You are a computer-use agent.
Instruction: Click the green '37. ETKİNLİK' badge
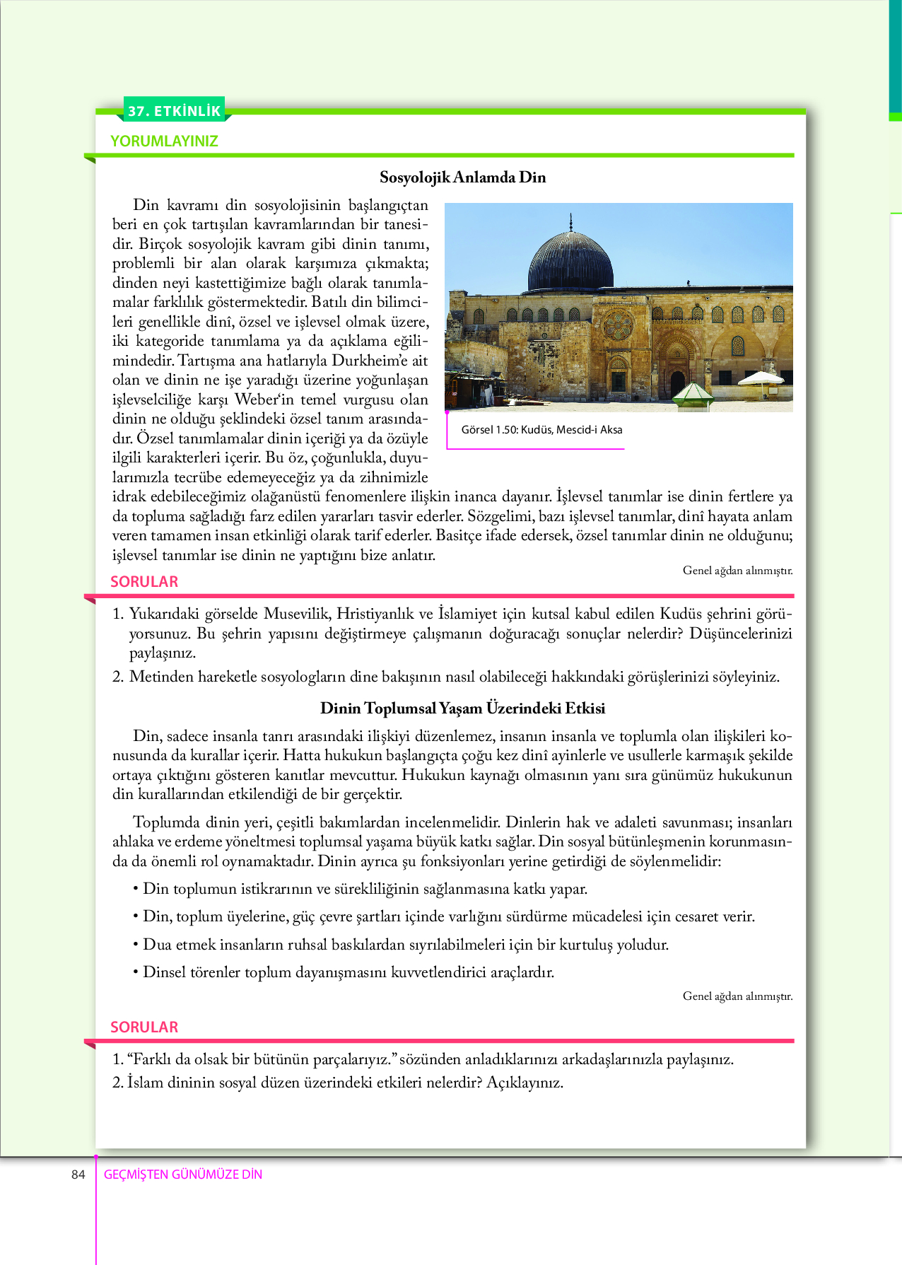pos(175,111)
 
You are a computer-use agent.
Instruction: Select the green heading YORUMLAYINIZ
pos(164,141)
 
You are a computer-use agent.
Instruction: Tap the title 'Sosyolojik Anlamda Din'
pos(463,177)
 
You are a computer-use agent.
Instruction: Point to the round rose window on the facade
pos(618,325)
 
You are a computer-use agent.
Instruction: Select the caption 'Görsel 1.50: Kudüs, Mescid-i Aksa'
pos(541,430)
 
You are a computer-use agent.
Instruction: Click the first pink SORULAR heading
pos(144,581)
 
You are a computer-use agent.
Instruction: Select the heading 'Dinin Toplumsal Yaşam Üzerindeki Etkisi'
pos(463,708)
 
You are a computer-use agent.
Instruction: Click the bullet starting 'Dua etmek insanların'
pos(405,945)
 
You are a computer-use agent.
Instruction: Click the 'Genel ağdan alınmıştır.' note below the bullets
pos(737,996)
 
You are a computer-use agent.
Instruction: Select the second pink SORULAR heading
pos(144,1027)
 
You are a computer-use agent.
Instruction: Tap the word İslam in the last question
pos(145,1083)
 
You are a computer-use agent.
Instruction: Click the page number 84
pos(78,1174)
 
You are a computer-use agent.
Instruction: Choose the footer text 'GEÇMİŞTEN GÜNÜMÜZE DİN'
pos(183,1174)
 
